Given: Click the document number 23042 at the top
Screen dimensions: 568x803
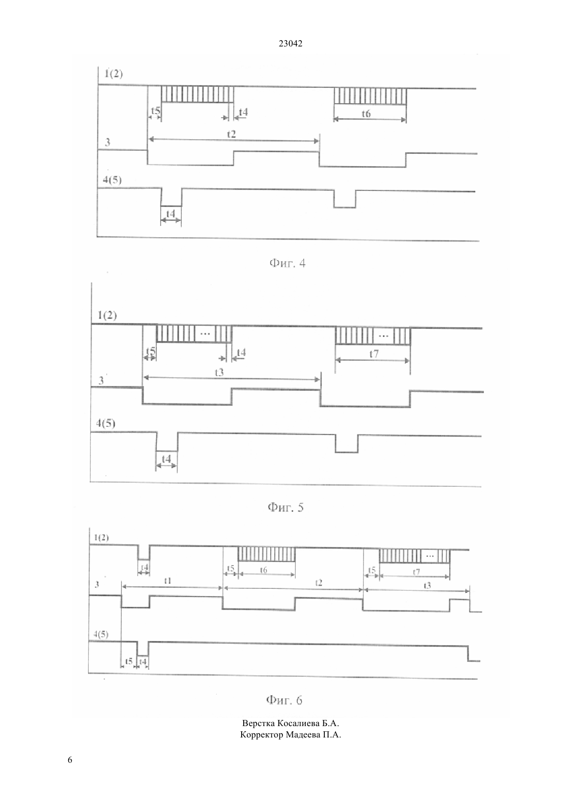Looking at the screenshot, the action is click(x=290, y=43).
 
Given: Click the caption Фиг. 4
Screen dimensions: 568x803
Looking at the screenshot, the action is click(x=287, y=264).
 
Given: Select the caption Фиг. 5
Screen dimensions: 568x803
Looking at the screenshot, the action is click(x=286, y=507).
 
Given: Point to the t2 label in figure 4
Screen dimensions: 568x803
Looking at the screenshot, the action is click(x=232, y=134).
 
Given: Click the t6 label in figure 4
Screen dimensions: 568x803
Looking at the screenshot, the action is click(x=366, y=114).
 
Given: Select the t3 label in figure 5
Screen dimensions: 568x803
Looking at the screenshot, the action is click(x=219, y=373).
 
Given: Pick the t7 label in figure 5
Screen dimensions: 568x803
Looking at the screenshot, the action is click(x=374, y=354).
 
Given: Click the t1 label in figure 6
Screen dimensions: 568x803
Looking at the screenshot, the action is click(x=167, y=581).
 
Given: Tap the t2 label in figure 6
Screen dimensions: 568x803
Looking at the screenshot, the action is click(x=319, y=583).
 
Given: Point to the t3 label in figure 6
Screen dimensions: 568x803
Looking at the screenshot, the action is click(x=427, y=585).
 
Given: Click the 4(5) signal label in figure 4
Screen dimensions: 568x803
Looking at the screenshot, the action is click(x=112, y=180).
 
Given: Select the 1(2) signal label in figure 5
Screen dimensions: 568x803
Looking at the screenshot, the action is click(x=107, y=315).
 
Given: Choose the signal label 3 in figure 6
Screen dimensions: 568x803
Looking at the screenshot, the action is click(x=97, y=584).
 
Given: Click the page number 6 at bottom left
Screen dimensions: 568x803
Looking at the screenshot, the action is click(x=70, y=760).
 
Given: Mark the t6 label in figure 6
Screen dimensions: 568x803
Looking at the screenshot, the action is click(x=263, y=570).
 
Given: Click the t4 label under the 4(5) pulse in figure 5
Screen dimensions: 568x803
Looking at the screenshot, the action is click(x=166, y=458).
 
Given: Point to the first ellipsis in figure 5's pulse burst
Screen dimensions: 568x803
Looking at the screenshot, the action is click(x=205, y=334).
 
